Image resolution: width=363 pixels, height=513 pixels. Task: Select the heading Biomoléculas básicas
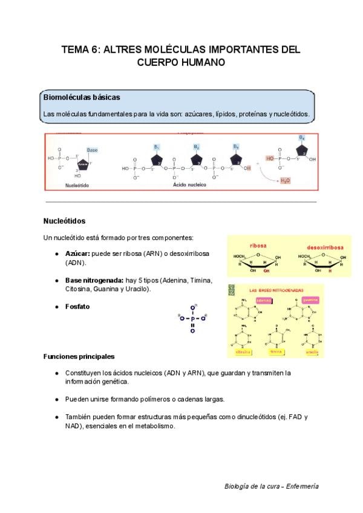point(82,97)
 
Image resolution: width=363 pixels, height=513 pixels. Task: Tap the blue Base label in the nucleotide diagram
point(92,149)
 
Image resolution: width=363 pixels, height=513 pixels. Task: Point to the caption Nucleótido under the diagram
point(77,186)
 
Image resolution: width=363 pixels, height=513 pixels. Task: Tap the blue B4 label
point(301,138)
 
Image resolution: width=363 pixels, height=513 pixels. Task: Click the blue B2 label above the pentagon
point(197,147)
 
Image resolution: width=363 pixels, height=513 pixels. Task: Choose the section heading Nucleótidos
point(65,221)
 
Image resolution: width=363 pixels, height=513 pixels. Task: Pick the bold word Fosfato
point(77,307)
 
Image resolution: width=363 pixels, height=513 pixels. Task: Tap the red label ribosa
point(258,246)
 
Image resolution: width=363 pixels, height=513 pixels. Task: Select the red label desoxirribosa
point(325,247)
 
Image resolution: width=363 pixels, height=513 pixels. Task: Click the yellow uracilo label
point(312,352)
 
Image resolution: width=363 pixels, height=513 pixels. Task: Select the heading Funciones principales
point(79,356)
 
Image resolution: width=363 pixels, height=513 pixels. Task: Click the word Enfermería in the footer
point(302,486)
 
